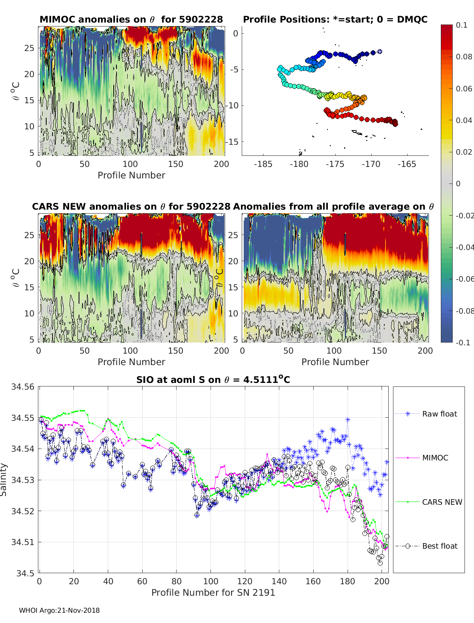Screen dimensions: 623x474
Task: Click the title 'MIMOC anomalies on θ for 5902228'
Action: (x=131, y=19)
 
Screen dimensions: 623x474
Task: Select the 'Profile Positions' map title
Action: (x=335, y=19)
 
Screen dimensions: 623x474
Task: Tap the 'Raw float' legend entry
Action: (x=439, y=414)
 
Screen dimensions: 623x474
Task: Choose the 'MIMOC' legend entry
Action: (x=435, y=458)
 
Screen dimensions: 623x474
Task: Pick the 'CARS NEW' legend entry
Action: (x=442, y=502)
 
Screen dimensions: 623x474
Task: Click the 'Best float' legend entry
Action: (x=439, y=546)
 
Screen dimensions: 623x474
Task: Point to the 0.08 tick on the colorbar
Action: (x=464, y=57)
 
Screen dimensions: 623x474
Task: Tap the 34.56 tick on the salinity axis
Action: (x=23, y=386)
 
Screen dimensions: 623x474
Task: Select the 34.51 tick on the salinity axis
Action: (x=23, y=542)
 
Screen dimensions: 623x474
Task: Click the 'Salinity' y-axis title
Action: (x=4, y=479)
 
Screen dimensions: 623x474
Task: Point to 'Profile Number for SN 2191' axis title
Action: (x=213, y=592)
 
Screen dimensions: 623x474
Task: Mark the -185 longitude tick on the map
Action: (x=263, y=164)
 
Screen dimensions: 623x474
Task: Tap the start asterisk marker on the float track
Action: (x=380, y=51)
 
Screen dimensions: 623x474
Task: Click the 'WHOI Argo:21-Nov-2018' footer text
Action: (x=59, y=610)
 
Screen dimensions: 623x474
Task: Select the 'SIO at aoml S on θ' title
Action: (x=213, y=380)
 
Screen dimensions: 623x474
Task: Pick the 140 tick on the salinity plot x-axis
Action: (x=279, y=581)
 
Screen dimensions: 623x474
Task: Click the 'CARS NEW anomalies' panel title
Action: (x=131, y=206)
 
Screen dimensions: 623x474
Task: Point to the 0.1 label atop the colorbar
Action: (x=461, y=25)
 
